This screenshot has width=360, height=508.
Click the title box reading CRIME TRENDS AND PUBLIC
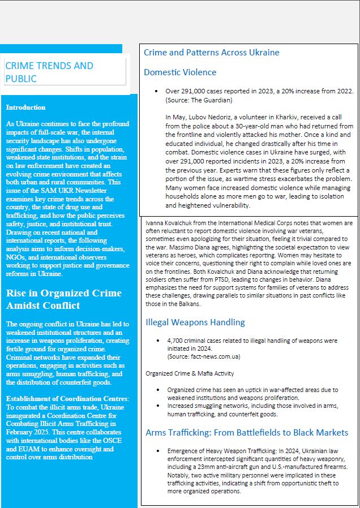pyautogui.click(x=65, y=72)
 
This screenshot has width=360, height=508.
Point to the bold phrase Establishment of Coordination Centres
pyautogui.click(x=66, y=399)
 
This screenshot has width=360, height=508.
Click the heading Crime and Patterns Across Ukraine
pyautogui.click(x=211, y=53)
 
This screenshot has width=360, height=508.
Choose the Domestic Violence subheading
pyautogui.click(x=180, y=72)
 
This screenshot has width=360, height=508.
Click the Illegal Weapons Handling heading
pyautogui.click(x=195, y=322)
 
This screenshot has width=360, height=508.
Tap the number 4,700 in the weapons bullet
pyautogui.click(x=177, y=341)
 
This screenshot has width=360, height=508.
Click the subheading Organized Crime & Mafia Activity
pyautogui.click(x=189, y=373)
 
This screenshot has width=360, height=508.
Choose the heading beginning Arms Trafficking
pyautogui.click(x=247, y=433)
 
